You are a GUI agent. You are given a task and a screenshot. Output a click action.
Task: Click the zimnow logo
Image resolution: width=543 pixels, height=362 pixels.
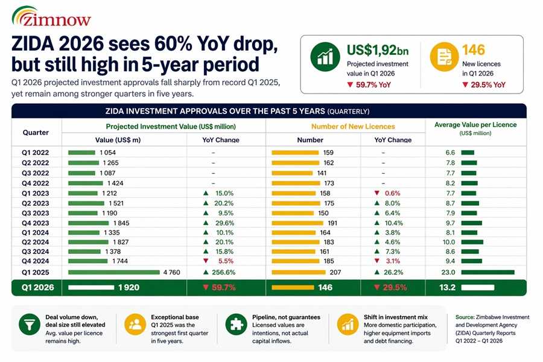pos(51,17)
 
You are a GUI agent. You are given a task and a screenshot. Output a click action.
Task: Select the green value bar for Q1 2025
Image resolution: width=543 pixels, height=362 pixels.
pos(114,272)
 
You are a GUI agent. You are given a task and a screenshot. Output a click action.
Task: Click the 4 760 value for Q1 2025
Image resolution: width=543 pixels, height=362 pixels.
pos(172,272)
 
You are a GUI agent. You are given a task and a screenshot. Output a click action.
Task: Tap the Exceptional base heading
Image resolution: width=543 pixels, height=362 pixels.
pos(174,316)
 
